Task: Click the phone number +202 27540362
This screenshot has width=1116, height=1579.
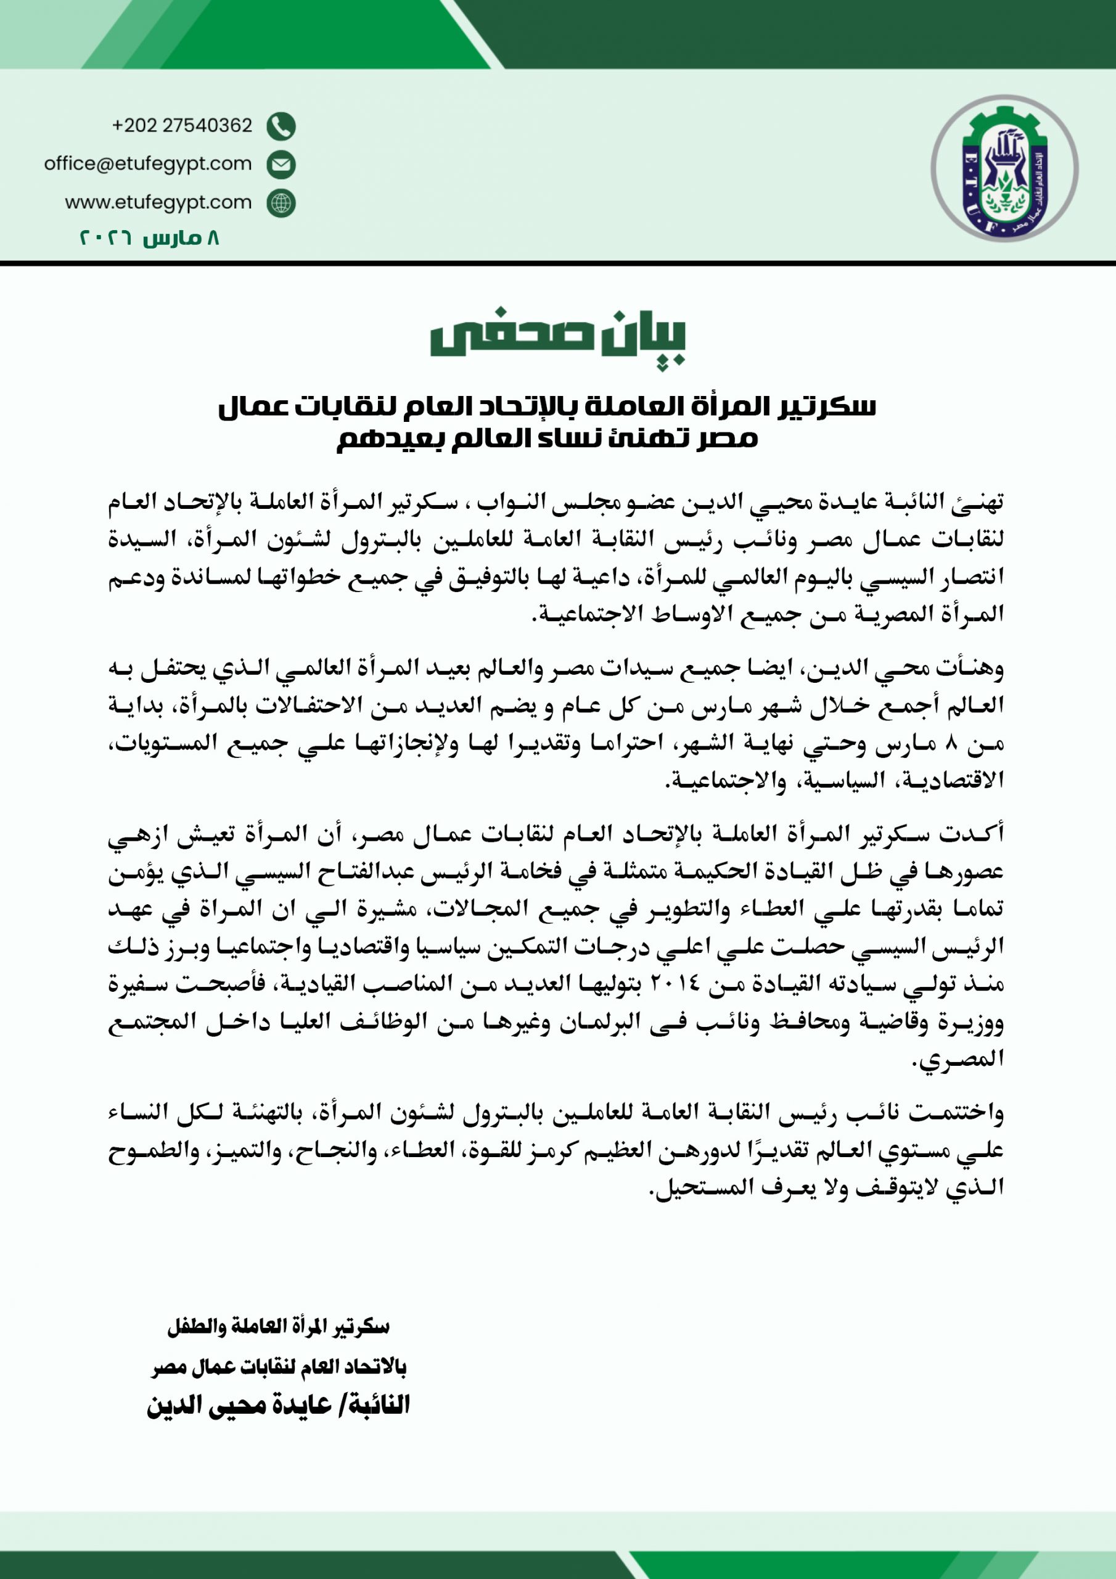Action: (x=183, y=126)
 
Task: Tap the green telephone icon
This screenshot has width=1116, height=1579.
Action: (x=281, y=126)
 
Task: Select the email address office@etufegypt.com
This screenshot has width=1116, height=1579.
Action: (x=148, y=163)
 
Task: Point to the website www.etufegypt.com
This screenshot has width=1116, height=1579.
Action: (x=158, y=203)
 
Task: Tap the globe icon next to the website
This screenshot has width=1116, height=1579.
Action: (x=281, y=204)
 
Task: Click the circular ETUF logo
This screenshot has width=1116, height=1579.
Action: (x=1004, y=168)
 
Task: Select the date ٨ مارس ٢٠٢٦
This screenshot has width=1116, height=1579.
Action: (x=149, y=239)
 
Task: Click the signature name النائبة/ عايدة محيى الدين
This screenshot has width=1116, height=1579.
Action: (x=279, y=1405)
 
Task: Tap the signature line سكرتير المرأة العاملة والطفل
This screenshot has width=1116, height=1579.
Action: (x=279, y=1327)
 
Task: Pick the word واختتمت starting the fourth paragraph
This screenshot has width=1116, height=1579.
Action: (x=956, y=1112)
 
